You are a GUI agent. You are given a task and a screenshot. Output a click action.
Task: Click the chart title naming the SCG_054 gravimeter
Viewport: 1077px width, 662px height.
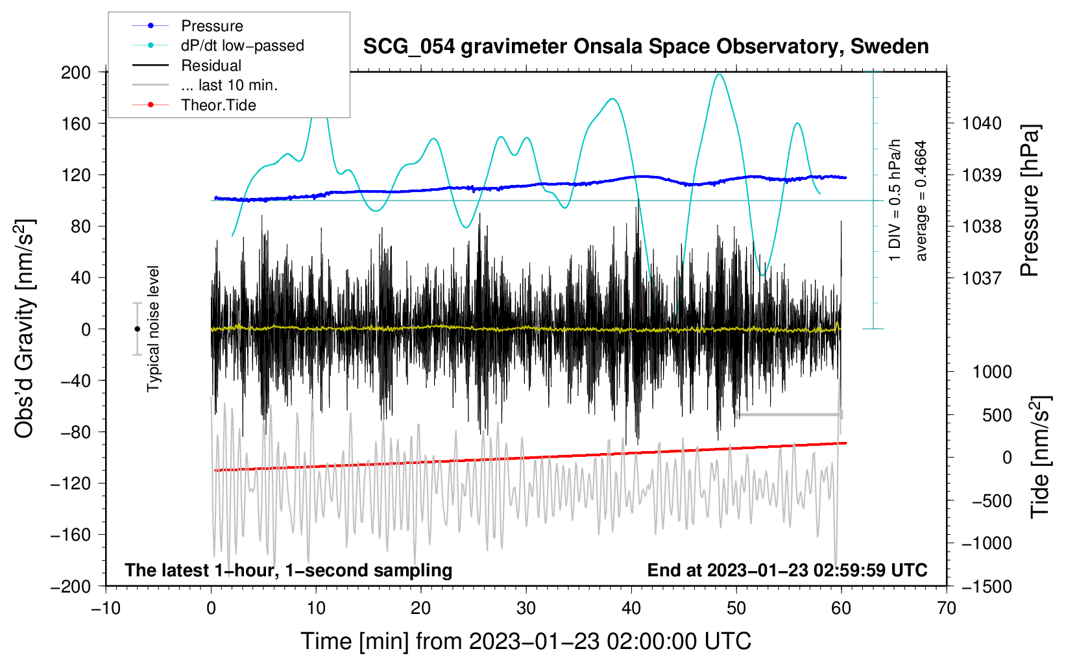coord(646,47)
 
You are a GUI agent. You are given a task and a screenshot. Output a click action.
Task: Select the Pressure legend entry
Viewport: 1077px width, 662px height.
coord(212,26)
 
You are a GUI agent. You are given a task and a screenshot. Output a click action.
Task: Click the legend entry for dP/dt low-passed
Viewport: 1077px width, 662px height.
coord(242,45)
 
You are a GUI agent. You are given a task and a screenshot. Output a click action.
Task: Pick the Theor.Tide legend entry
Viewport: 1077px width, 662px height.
coord(218,105)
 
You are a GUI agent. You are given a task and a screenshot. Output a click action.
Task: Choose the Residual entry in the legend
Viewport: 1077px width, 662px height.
coord(211,66)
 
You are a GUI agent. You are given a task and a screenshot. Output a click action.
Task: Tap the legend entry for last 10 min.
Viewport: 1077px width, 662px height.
coord(229,85)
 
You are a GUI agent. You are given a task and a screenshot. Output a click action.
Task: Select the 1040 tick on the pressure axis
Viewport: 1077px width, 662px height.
coord(982,123)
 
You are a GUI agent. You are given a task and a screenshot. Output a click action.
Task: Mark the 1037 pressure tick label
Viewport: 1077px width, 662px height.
coord(982,278)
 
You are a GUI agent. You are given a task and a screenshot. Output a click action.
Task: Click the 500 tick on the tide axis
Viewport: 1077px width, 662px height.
coord(997,415)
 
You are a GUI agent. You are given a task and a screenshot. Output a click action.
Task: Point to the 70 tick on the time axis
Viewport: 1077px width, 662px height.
coord(947,608)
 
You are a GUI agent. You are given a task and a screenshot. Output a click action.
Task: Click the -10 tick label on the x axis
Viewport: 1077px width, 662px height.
coord(106,608)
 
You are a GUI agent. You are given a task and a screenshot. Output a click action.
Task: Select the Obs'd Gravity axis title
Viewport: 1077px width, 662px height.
coord(24,328)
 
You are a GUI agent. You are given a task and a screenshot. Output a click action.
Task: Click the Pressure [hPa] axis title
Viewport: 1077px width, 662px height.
coord(1030,201)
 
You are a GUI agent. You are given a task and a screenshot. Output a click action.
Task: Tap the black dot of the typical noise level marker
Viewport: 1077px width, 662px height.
coord(137,329)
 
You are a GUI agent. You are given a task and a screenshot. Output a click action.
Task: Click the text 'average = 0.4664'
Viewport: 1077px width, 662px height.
coord(921,201)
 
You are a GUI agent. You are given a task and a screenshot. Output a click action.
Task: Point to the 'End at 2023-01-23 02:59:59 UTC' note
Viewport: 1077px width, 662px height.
coord(787,570)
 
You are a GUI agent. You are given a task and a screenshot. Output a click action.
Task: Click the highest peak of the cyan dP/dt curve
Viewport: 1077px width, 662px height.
coord(718,75)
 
